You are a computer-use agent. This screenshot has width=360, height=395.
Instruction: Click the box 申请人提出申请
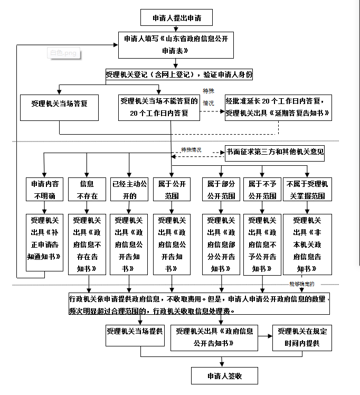tap(176, 17)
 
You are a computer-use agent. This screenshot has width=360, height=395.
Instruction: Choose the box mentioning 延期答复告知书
tap(278, 107)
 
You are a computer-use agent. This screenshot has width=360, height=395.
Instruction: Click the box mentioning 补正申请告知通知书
tap(45, 242)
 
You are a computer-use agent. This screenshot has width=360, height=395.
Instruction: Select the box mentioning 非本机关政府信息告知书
tap(307, 244)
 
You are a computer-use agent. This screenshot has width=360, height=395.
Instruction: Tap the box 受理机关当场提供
tap(135, 332)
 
